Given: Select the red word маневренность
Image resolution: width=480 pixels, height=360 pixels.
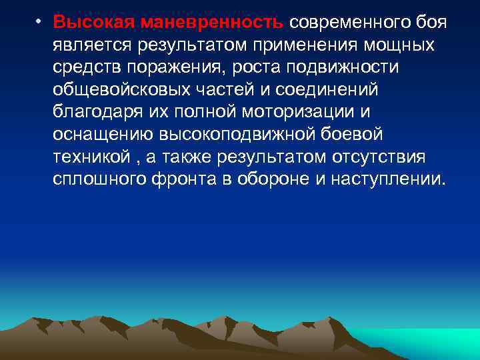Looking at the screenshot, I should (212, 22).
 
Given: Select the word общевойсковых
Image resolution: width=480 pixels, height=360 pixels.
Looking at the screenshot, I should (117, 90).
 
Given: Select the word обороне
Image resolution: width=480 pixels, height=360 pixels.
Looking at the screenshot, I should (281, 181).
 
